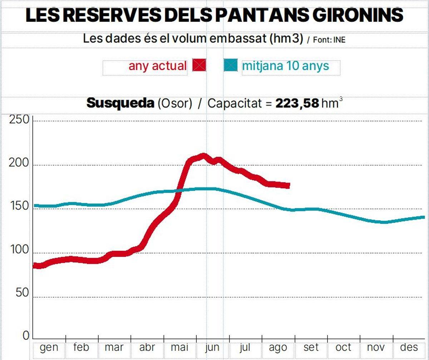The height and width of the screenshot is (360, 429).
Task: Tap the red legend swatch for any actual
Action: (199, 65)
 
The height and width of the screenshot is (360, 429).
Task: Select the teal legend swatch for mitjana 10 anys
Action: (231, 65)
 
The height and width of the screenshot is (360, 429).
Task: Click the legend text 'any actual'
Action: (157, 66)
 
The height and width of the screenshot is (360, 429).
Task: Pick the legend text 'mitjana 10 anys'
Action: (285, 66)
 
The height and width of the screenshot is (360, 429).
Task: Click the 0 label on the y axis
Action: (26, 336)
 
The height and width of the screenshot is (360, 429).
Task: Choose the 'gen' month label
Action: (49, 347)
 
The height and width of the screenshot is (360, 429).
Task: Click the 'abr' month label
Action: (147, 347)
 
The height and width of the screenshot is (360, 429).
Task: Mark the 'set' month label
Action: (311, 347)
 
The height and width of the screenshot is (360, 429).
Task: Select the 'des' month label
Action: (409, 347)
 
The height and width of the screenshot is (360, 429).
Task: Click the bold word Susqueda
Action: (120, 104)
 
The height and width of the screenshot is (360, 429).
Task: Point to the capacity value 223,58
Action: (297, 104)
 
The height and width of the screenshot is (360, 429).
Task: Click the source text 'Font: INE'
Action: (329, 40)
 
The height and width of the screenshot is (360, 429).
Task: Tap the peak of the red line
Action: (203, 156)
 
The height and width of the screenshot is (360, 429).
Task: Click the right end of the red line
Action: (288, 186)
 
